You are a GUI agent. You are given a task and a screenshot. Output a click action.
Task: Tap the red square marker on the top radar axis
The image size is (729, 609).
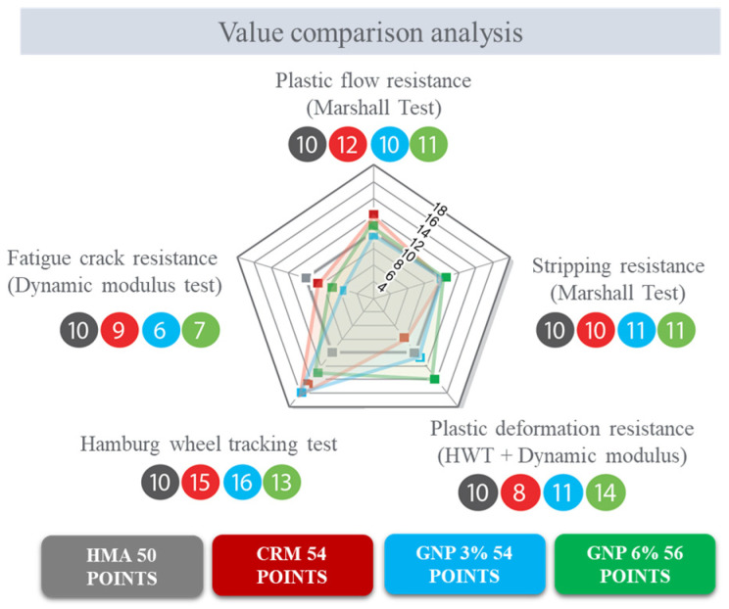point(372,214)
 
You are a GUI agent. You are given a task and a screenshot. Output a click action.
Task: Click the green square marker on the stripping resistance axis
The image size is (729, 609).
point(446,277)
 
